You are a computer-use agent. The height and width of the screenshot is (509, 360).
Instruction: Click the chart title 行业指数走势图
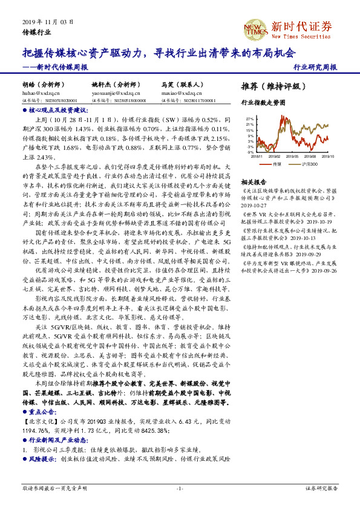(x=263, y=103)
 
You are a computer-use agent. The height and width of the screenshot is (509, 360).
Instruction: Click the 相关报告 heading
(x=254, y=181)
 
